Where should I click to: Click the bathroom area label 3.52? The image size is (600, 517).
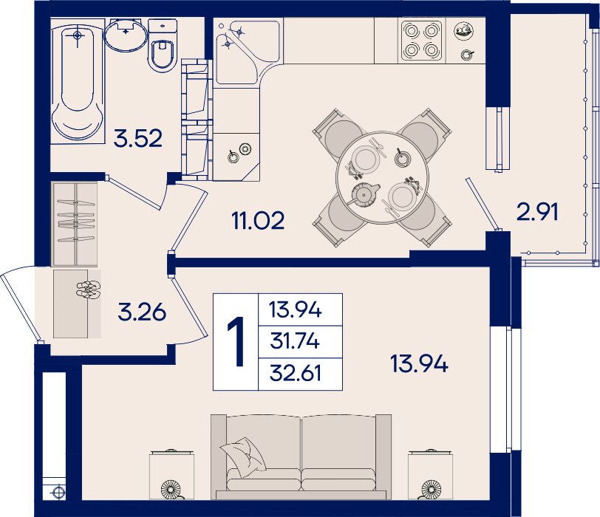pos(137,138)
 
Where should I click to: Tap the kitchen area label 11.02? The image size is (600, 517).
pos(258,221)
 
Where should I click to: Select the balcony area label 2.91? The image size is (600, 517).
pos(537,212)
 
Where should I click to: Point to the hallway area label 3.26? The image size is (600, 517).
pos(142,312)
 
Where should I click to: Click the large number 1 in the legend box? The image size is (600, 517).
pos(236,342)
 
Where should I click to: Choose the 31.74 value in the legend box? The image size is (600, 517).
pos(295,340)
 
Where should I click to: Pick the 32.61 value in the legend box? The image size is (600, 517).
pos(295,373)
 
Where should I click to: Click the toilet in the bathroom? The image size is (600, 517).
pos(163,46)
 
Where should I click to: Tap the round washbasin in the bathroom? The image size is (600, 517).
pos(126,35)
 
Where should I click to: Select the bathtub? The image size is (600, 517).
pos(78,81)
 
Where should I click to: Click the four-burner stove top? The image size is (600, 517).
pos(421,41)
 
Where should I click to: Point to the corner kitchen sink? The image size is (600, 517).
pos(246,51)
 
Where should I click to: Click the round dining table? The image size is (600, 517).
pos(382,178)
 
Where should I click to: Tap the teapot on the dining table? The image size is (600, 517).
pos(364,195)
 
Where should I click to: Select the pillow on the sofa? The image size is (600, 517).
pos(242,457)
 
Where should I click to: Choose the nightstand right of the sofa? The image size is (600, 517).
pos(431,474)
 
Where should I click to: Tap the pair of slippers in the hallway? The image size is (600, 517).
pos(89,290)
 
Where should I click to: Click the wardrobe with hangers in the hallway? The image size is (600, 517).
pos(75,224)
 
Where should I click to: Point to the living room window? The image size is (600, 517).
pos(505,389)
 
